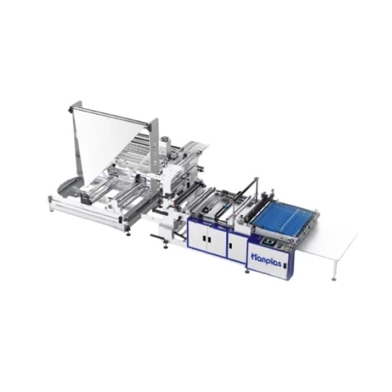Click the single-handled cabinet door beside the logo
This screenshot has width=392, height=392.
coord(237,247)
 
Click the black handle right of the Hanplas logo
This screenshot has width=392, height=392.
coord(284,265)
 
